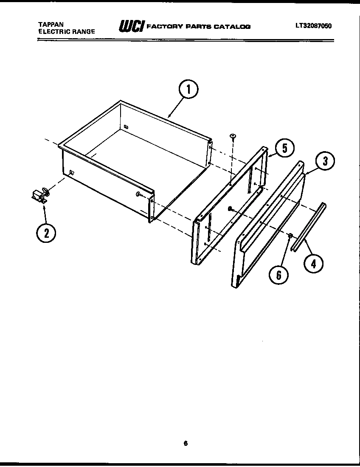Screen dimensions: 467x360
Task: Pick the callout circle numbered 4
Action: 312,264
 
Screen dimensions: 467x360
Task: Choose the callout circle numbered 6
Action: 278,275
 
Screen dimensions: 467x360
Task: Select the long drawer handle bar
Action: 308,227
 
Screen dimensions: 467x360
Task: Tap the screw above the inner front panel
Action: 233,136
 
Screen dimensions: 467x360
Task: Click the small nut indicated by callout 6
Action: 290,236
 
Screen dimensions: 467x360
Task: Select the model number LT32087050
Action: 313,25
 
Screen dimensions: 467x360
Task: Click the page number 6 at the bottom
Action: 186,444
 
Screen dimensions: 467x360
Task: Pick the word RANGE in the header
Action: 83,31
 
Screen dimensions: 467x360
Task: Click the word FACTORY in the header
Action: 163,27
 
